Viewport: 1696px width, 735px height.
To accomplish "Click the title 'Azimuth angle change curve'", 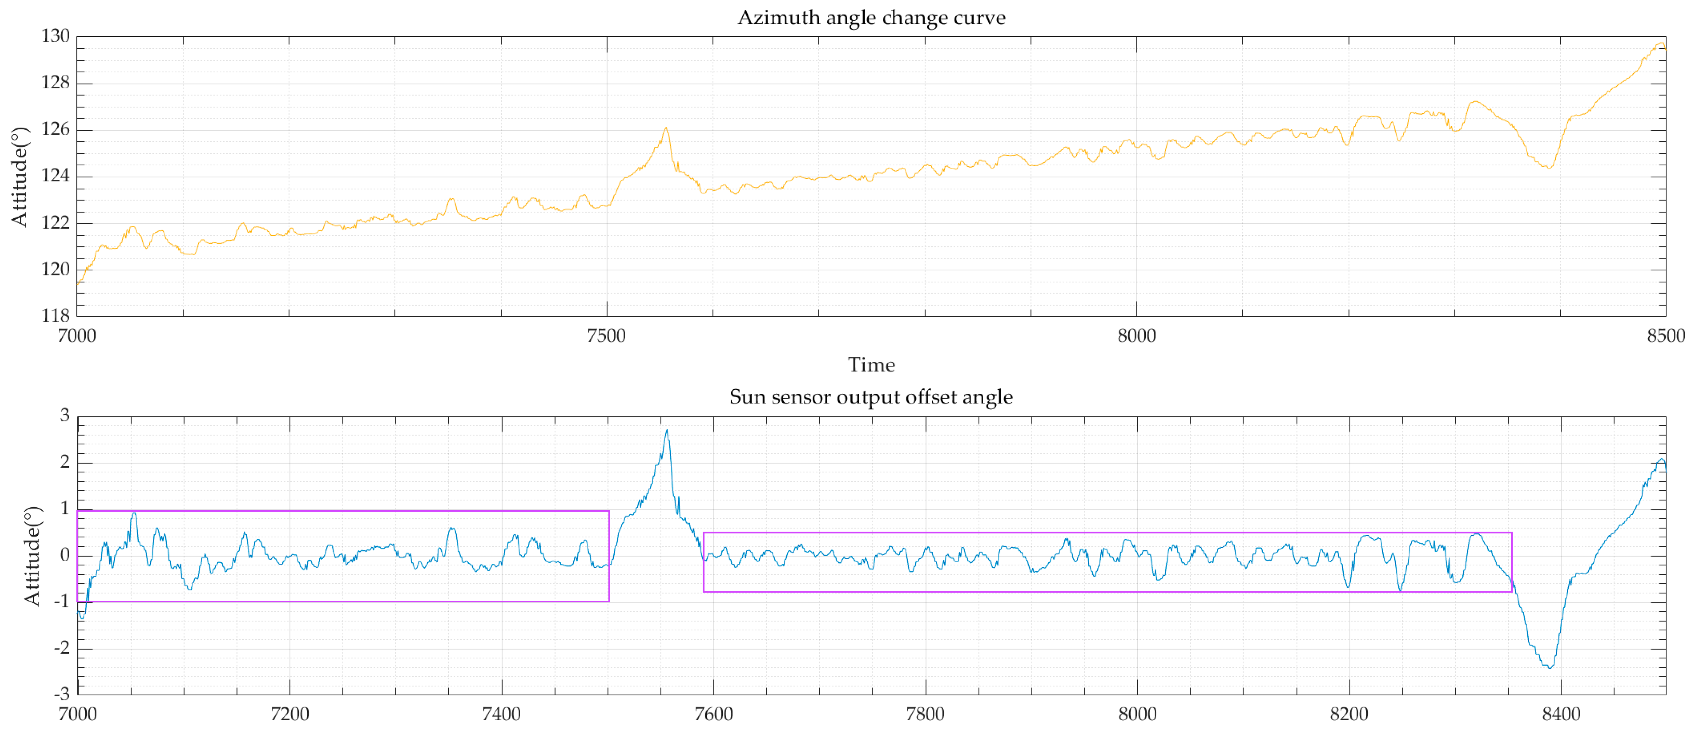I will click(x=871, y=18).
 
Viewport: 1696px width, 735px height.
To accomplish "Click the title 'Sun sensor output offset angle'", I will click(x=871, y=397).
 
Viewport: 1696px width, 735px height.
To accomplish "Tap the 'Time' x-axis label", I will click(x=871, y=365).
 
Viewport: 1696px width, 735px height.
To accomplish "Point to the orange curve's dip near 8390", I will click(x=1549, y=168).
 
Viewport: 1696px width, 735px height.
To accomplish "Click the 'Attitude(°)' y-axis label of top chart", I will click(x=20, y=177).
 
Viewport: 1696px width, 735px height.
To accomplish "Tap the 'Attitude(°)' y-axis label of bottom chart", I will click(x=31, y=555).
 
